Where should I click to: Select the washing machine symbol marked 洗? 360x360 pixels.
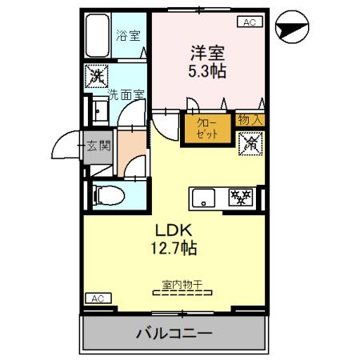point(97,78)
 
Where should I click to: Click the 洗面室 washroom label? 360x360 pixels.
point(126,94)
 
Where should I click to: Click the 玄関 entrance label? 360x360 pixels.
point(100,146)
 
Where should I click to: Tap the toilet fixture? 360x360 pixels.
point(109,194)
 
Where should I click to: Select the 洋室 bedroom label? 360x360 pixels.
point(206,54)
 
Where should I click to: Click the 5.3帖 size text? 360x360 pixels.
point(206,71)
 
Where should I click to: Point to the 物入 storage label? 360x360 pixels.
point(250,120)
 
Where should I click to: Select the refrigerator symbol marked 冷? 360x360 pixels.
point(250,144)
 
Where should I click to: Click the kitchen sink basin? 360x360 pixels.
point(201,195)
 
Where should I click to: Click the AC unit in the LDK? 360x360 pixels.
point(98,299)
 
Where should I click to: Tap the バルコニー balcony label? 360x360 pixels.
point(174,333)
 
